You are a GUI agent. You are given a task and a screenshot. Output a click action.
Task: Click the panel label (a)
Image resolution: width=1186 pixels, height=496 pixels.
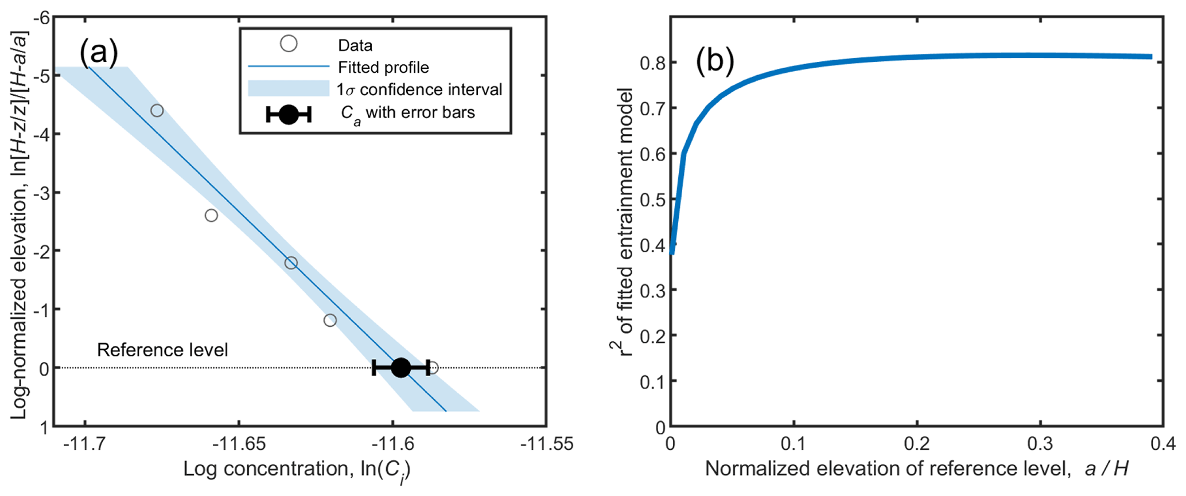pyautogui.click(x=99, y=53)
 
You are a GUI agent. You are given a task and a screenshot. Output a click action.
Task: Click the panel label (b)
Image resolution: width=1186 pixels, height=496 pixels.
pyautogui.click(x=714, y=61)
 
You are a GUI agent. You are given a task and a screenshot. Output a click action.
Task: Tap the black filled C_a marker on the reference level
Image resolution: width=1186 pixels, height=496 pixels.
pyautogui.click(x=400, y=368)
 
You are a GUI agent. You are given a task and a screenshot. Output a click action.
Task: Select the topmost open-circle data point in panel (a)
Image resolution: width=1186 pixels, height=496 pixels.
pyautogui.click(x=157, y=111)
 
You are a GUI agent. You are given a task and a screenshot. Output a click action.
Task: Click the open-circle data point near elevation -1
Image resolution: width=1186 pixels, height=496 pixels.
pyautogui.click(x=330, y=320)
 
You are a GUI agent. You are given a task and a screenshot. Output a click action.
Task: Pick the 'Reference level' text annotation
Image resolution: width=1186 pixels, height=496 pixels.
pyautogui.click(x=162, y=350)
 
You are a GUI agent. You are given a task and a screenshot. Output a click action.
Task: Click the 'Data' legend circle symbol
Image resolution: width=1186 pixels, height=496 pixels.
pyautogui.click(x=289, y=44)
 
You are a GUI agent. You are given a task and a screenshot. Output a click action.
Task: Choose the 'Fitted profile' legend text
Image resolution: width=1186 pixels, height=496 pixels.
pyautogui.click(x=383, y=68)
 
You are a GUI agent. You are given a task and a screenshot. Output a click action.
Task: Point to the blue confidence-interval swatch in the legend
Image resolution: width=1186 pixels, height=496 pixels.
pyautogui.click(x=289, y=89)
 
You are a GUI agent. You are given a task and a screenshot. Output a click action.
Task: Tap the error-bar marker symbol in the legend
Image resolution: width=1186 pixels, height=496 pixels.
pyautogui.click(x=289, y=114)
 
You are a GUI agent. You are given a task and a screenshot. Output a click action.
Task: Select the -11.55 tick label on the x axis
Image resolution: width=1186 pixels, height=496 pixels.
pyautogui.click(x=547, y=444)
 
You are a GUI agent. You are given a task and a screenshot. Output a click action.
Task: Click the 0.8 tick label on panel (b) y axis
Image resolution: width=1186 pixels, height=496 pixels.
pyautogui.click(x=652, y=63)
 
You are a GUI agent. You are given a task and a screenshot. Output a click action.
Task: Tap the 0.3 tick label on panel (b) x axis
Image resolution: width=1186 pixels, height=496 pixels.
pyautogui.click(x=1040, y=444)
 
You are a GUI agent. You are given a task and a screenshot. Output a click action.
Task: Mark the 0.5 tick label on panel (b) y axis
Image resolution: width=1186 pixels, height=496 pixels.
pyautogui.click(x=652, y=200)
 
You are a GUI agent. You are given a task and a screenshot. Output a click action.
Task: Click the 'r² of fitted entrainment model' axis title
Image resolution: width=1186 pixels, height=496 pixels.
pyautogui.click(x=623, y=221)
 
